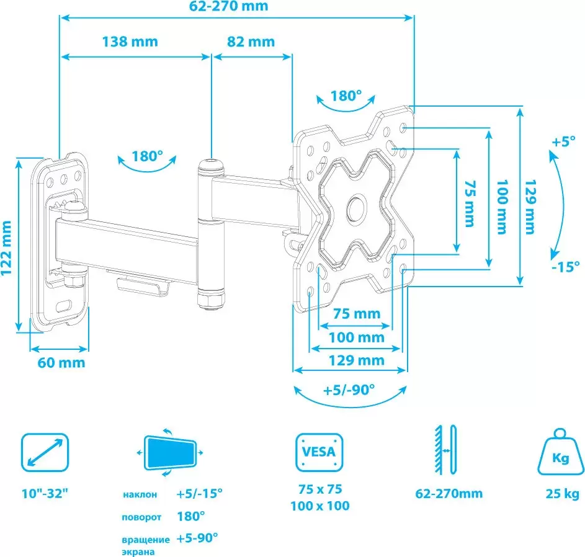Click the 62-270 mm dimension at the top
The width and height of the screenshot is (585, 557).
228,6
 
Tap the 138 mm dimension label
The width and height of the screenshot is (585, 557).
130,42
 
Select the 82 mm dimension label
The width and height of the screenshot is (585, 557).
251,42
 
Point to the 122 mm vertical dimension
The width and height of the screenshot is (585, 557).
6,247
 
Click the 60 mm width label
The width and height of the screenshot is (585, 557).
61,362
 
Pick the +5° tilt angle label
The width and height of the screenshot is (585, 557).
563,142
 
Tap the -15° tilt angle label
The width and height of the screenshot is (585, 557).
565,266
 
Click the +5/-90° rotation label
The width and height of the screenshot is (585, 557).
349,390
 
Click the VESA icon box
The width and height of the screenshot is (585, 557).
319,452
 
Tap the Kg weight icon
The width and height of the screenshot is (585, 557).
560,452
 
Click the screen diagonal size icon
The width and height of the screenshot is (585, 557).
45,452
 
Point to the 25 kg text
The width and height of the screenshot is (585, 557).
562,494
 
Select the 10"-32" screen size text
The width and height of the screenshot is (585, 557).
45,493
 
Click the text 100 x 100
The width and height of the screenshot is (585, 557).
319,506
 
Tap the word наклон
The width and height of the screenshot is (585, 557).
140,495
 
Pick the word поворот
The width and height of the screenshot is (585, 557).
141,517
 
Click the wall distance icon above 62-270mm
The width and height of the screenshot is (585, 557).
446,449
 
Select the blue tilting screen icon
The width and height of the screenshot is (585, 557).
170,453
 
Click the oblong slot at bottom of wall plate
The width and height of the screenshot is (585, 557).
64,306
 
